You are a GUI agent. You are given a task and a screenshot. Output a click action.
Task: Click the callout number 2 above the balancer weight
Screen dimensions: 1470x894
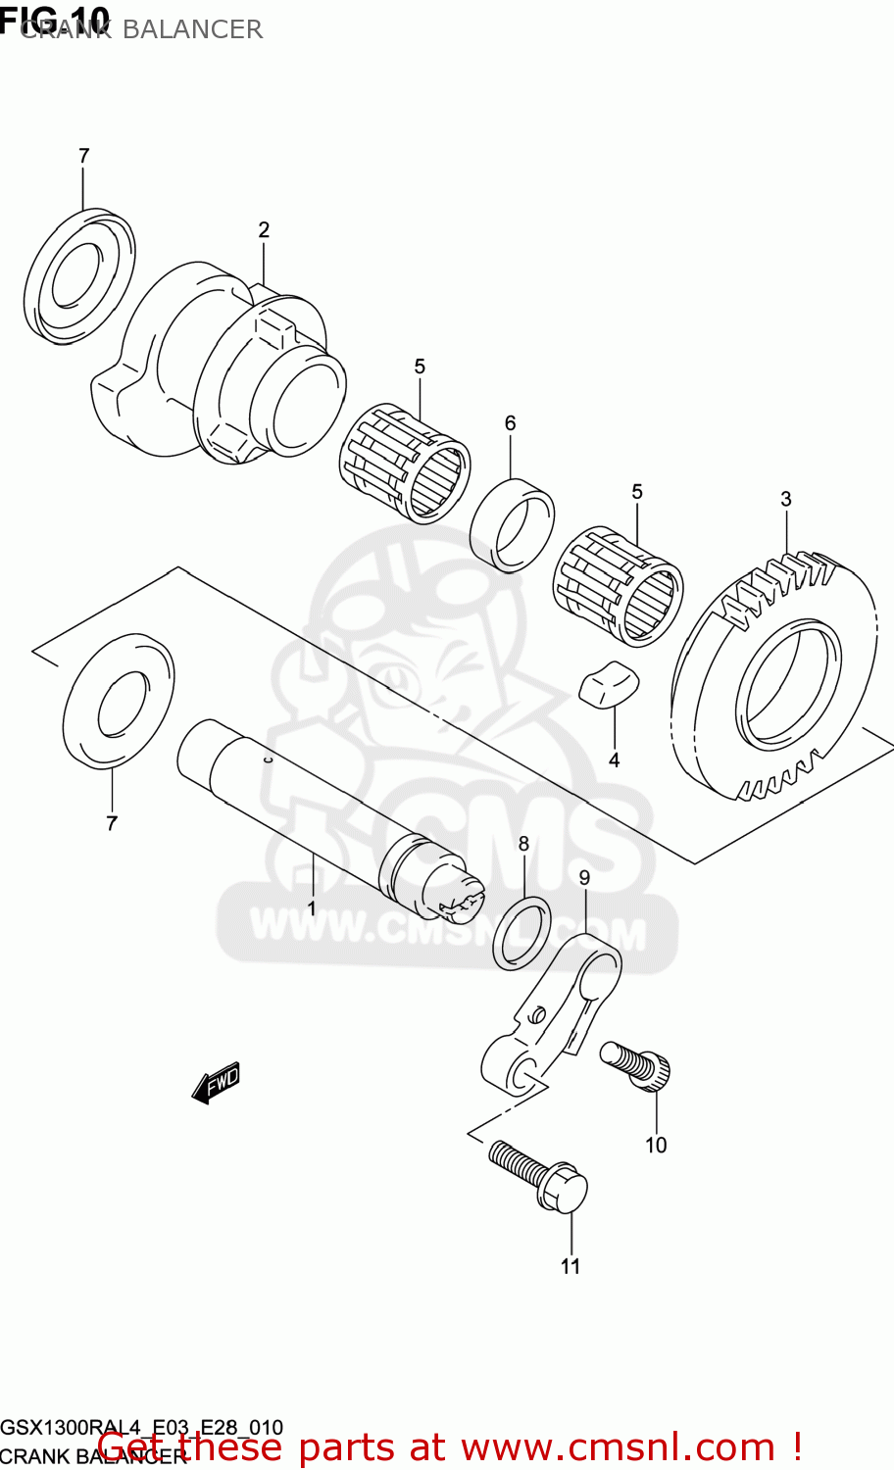(264, 230)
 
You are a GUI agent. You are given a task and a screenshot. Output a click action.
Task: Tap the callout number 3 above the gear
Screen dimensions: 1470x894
(786, 500)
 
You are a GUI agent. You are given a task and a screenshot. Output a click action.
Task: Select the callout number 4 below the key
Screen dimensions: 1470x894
(614, 760)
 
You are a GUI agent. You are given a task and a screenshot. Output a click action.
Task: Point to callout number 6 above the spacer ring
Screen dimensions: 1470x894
(510, 423)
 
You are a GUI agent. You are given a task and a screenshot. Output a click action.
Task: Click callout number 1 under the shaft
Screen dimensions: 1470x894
(312, 908)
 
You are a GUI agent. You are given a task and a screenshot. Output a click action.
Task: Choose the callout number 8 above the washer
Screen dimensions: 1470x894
(523, 844)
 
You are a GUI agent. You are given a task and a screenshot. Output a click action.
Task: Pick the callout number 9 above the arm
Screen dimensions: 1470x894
(584, 878)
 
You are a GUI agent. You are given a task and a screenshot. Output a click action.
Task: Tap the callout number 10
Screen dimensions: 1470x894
(655, 1145)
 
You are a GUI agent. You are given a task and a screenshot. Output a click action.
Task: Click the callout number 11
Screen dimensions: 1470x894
(571, 1266)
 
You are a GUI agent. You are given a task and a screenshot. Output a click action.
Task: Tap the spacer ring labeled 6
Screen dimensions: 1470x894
(512, 524)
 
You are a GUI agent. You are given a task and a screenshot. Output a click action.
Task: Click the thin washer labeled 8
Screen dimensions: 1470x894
(521, 932)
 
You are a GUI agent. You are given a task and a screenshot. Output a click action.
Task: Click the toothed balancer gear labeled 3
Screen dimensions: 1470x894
(773, 676)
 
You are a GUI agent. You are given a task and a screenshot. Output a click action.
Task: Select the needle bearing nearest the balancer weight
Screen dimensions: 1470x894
(405, 463)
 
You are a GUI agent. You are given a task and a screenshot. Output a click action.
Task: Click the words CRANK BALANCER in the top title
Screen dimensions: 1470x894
(141, 29)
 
